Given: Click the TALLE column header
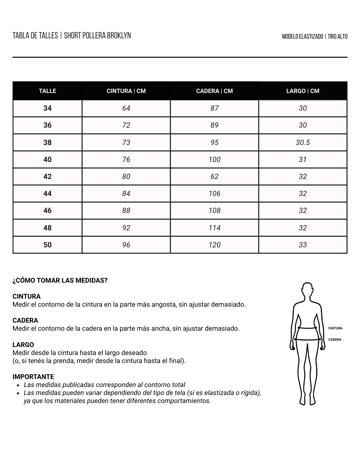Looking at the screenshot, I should tap(47, 91).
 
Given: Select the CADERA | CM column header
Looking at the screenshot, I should tap(214, 91).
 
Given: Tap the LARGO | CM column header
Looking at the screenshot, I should tap(303, 91).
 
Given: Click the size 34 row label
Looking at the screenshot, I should tap(47, 108).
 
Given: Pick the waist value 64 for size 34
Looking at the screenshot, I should tap(126, 108).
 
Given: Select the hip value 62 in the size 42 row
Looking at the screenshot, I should tap(214, 177).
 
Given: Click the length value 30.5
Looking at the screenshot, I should tap(303, 143).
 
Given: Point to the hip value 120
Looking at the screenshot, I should tap(214, 245).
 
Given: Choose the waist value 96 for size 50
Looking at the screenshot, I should tap(126, 245).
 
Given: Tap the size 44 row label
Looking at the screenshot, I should tap(47, 194).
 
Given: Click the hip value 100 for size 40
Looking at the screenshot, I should tap(214, 160).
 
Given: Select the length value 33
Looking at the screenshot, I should tap(303, 245).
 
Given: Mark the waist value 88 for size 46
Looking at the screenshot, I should tap(126, 211).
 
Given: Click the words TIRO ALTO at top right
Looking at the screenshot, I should tap(337, 36).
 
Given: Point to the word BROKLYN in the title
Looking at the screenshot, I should tap(119, 36).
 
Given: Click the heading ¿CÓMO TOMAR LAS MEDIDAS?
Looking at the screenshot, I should tap(60, 281).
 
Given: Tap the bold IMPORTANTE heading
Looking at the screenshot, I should tap(33, 377).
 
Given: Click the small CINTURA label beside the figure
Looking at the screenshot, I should tap(335, 328).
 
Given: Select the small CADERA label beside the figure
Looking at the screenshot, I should tap(335, 340).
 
